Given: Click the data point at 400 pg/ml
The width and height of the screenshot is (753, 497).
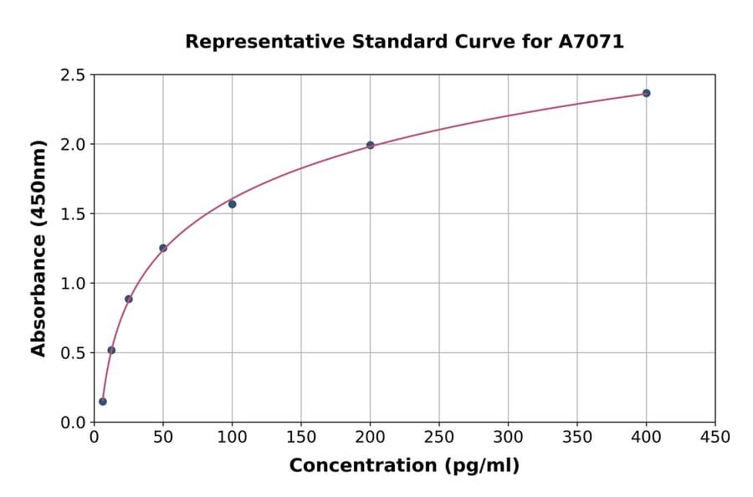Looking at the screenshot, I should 646,93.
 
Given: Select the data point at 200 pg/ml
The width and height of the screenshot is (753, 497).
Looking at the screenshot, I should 370,145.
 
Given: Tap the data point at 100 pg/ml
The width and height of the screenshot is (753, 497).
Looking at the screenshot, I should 232,204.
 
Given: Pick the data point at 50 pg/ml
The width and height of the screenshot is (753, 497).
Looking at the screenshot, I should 163,248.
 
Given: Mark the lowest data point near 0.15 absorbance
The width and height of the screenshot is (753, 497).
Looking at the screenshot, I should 103,402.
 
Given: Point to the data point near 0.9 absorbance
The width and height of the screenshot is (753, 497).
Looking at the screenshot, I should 129,299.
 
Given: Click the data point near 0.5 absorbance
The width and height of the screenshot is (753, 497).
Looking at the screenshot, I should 111,350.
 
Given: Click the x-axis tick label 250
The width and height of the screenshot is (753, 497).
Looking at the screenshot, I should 439,437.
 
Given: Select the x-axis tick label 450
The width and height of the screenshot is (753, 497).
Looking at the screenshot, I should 715,437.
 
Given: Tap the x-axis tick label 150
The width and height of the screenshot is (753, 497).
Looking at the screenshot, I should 301,437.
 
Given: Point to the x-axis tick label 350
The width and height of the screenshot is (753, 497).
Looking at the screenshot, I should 577,437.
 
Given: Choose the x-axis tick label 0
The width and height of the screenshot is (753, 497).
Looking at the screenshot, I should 94,437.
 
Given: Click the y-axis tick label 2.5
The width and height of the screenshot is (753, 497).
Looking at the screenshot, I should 73,75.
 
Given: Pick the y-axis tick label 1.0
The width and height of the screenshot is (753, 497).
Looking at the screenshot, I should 73,284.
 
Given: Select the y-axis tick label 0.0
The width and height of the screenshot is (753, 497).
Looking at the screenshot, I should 73,423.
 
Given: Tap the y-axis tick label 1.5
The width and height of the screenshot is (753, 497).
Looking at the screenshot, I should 73,214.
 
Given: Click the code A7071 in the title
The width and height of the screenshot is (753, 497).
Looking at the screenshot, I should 591,42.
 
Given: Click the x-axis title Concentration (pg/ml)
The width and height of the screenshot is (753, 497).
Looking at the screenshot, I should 404,466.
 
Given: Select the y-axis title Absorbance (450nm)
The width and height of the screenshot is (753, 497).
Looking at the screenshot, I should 38,248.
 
